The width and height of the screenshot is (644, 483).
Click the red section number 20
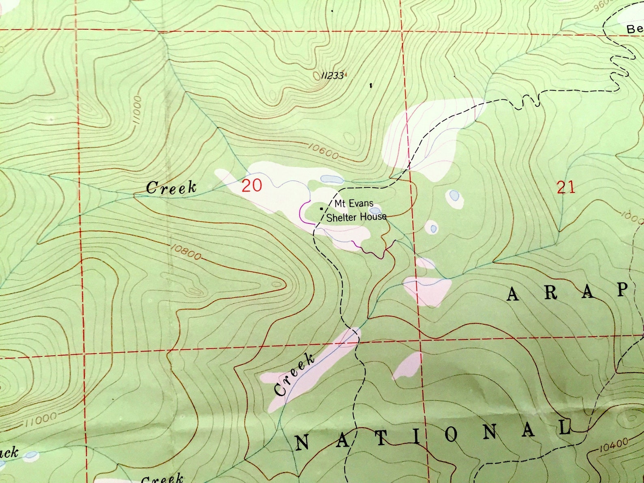[x=252, y=185]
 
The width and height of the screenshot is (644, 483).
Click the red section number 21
[x=566, y=188]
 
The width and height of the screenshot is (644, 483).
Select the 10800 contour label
[x=185, y=252]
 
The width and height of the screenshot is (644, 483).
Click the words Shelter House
[x=356, y=217]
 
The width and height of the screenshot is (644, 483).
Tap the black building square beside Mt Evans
[x=322, y=208]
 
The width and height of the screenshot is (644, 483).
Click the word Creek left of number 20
[x=171, y=188]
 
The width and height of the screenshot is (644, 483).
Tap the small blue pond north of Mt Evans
[x=331, y=179]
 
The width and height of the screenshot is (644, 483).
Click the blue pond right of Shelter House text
[x=376, y=211]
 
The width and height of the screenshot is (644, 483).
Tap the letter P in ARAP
[x=623, y=290]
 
